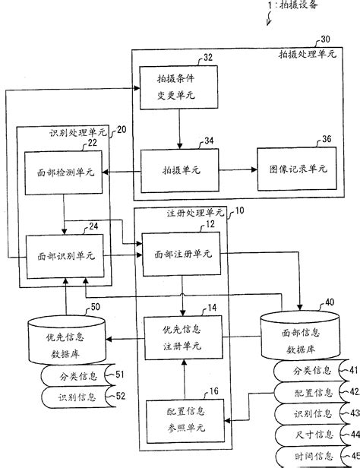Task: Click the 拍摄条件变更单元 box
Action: point(178,87)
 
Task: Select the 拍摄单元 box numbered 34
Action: point(180,170)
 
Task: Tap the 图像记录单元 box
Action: point(297,169)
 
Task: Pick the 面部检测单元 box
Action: point(64,172)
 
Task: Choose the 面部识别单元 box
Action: point(65,256)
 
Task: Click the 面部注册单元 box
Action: point(182,254)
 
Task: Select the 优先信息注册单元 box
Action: point(184,337)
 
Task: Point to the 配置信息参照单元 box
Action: point(185,421)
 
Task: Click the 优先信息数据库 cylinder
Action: point(67,340)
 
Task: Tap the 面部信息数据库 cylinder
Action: point(300,335)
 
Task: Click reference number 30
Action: point(325,40)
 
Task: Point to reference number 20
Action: point(121,130)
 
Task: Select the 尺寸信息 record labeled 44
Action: point(311,435)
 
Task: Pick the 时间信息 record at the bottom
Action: point(311,457)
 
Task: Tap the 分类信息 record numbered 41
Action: point(311,371)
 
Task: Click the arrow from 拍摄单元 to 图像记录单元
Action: point(238,170)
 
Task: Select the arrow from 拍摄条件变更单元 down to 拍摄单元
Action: point(179,129)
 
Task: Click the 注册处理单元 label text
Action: point(195,213)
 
